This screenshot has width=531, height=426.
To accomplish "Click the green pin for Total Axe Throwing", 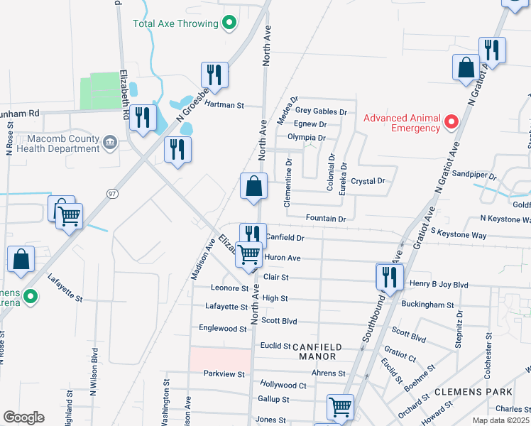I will pyautogui.click(x=229, y=23).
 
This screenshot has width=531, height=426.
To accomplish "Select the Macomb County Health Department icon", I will pyautogui.click(x=110, y=143).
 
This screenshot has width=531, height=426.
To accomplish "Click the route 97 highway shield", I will pyautogui.click(x=112, y=193).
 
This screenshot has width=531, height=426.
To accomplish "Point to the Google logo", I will pyautogui.click(x=23, y=417).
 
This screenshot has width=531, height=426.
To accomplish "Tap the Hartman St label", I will pyautogui.click(x=224, y=105).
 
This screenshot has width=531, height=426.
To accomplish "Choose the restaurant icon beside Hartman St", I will pyautogui.click(x=214, y=75).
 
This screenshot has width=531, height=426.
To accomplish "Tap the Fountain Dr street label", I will pyautogui.click(x=325, y=219).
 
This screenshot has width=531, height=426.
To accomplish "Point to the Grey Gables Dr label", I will pyautogui.click(x=321, y=111).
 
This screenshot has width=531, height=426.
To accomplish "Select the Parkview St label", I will pyautogui.click(x=224, y=373).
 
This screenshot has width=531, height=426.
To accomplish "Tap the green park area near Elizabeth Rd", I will pyautogui.click(x=99, y=91).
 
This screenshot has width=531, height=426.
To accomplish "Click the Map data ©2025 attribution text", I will pyautogui.click(x=500, y=420).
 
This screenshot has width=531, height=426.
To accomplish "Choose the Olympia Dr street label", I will pyautogui.click(x=306, y=138).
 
